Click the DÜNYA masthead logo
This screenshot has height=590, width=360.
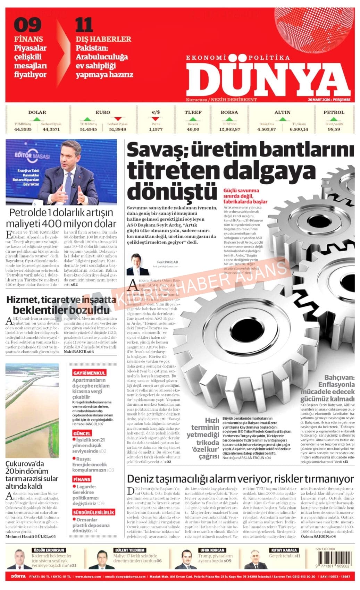click(268, 78)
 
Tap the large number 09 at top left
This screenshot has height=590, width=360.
click(27, 25)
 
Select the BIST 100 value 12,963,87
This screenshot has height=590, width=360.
click(229, 129)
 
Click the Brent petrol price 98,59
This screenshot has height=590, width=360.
click(334, 129)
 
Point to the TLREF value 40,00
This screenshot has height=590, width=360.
click(193, 129)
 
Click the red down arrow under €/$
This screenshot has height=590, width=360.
click(156, 119)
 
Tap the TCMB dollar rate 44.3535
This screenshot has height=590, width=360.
click(23, 129)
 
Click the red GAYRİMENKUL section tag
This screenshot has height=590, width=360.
click(89, 373)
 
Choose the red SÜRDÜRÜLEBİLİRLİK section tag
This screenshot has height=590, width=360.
click(93, 512)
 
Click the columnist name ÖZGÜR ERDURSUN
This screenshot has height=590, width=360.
click(49, 550)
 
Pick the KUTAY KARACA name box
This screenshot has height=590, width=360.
click(284, 550)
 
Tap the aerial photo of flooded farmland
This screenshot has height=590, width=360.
click(32, 410)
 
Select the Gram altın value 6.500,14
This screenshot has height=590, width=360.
click(299, 129)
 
